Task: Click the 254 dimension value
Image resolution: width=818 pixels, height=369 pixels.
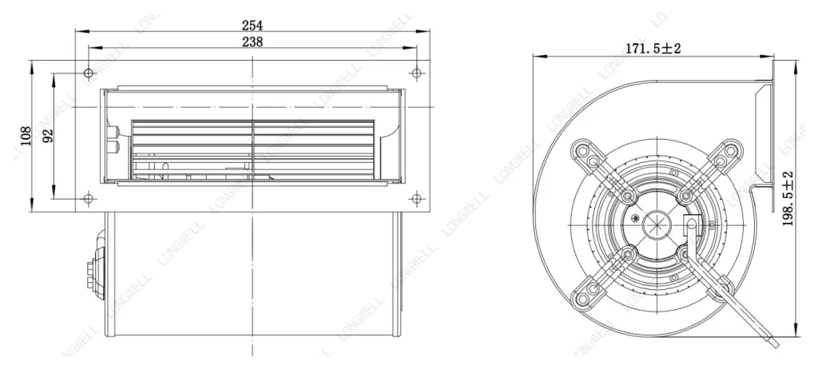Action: (252, 25)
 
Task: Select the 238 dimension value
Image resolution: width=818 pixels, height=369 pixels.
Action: (252, 42)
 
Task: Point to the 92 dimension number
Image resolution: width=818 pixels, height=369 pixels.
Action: (47, 136)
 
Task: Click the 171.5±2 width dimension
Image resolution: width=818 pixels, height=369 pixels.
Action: (653, 49)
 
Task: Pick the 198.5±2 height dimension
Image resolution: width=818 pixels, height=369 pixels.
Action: (788, 198)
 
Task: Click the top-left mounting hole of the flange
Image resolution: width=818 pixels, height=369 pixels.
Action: (89, 73)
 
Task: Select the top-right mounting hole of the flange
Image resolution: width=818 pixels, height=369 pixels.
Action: (415, 73)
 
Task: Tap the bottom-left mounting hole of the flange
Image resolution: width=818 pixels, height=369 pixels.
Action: (89, 198)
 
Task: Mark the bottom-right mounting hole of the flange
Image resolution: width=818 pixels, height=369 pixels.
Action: (415, 198)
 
